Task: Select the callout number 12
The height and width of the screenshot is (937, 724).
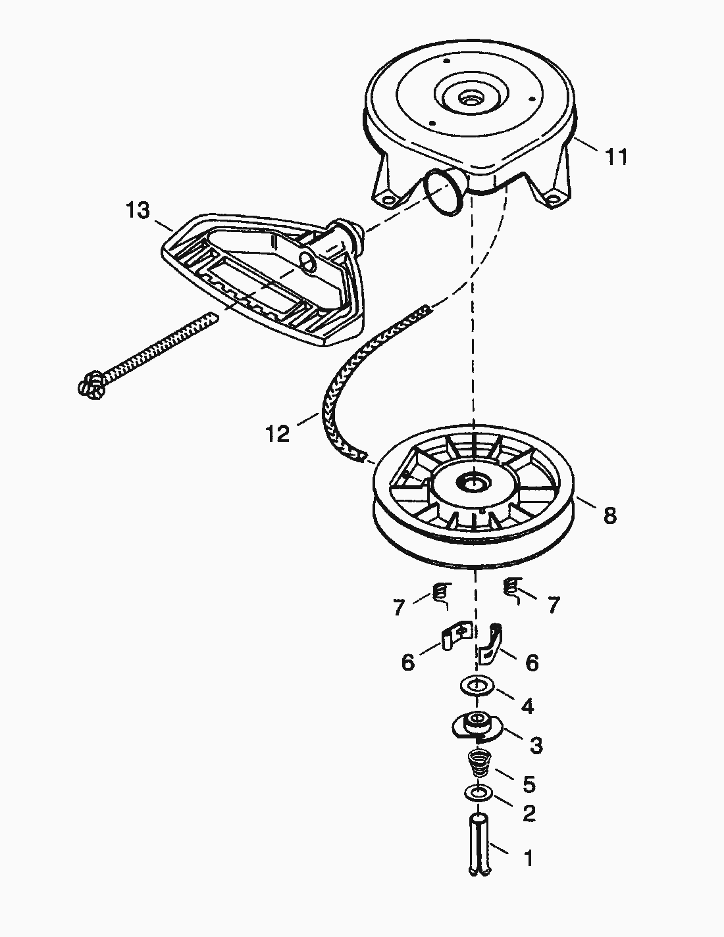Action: pyautogui.click(x=278, y=434)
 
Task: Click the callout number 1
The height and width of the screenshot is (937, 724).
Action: pyautogui.click(x=528, y=859)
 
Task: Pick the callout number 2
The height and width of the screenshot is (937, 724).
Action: pyautogui.click(x=528, y=814)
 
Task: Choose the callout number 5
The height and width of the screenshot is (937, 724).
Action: pyautogui.click(x=529, y=784)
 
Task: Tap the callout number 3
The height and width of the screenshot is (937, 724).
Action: pyautogui.click(x=536, y=745)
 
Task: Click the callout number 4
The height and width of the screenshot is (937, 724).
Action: pyautogui.click(x=527, y=707)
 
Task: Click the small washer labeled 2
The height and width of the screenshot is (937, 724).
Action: pyautogui.click(x=478, y=794)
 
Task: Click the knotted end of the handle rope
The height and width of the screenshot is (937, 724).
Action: pyautogui.click(x=92, y=385)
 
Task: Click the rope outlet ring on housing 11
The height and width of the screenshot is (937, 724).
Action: pyautogui.click(x=444, y=191)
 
